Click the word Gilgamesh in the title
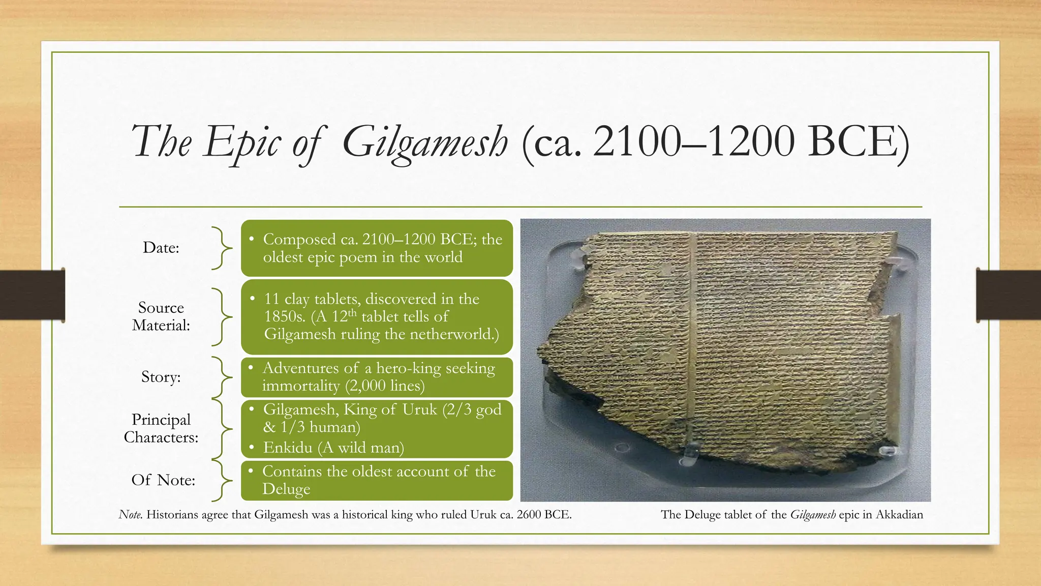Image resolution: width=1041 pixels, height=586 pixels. (x=425, y=141)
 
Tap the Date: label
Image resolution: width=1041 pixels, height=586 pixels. (x=161, y=247)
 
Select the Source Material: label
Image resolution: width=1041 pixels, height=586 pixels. (x=161, y=316)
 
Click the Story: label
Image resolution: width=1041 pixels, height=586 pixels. (x=161, y=377)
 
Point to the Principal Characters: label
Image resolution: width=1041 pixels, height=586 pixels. (x=161, y=428)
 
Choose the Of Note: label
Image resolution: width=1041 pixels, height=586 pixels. (x=163, y=480)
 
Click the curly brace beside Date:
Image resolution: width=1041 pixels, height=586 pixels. (x=222, y=248)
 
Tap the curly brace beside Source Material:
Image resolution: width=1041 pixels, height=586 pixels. (x=222, y=316)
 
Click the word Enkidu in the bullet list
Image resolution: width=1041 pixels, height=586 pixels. (x=288, y=448)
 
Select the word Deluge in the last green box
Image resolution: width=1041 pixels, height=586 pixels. (x=286, y=489)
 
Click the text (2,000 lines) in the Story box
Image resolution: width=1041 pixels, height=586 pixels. (x=385, y=386)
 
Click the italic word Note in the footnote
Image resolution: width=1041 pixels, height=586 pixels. (x=130, y=515)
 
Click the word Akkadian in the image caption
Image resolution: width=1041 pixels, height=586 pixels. (x=899, y=515)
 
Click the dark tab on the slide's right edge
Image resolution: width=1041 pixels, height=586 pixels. (x=1008, y=295)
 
